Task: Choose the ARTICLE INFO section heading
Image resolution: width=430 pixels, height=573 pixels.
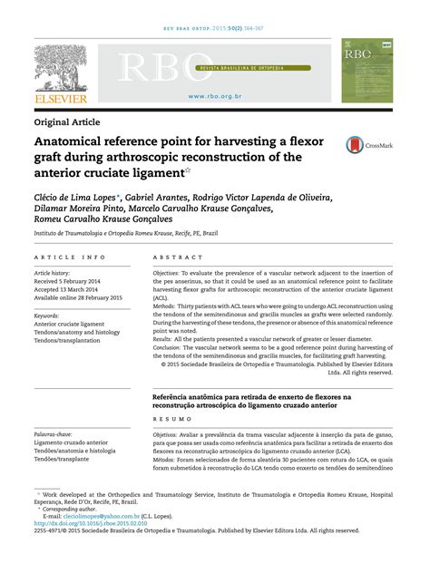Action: click(x=69, y=257)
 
